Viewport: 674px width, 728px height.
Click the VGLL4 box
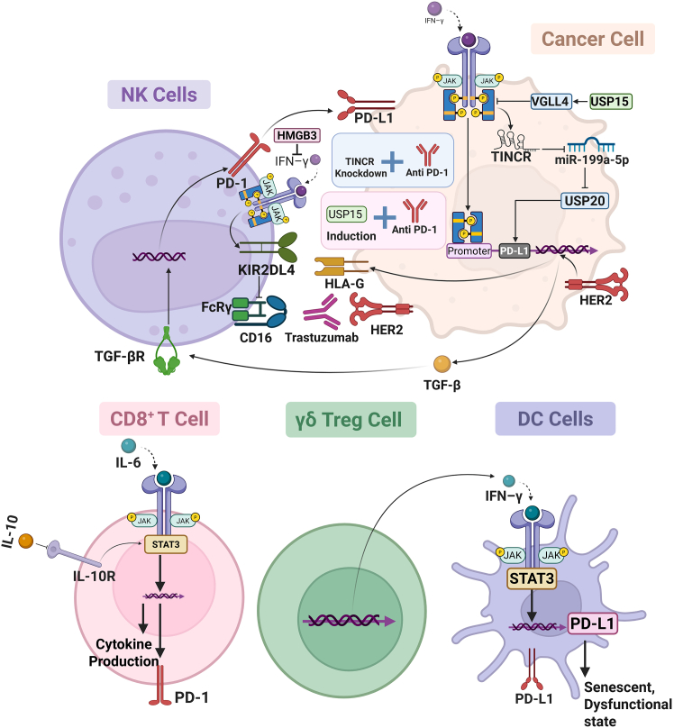[550, 101]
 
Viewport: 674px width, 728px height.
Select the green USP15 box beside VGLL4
[610, 101]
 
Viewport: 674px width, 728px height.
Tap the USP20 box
[585, 201]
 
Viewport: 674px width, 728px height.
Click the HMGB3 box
[297, 135]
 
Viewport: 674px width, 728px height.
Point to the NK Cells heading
[159, 95]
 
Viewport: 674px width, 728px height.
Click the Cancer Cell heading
[593, 39]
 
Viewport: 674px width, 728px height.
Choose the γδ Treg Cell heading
[351, 420]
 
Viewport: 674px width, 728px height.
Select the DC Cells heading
[555, 419]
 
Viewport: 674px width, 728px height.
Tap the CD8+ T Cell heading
[159, 419]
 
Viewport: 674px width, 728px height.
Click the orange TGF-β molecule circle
[442, 364]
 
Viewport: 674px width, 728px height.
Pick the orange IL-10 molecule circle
[26, 541]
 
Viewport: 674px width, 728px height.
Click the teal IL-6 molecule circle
[129, 446]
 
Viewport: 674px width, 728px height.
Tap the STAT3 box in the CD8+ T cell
[166, 544]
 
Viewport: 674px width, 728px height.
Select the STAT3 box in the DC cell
[532, 579]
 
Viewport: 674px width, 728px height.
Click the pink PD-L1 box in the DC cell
[593, 623]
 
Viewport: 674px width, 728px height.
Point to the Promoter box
[469, 250]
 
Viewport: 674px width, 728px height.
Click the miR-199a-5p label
[592, 160]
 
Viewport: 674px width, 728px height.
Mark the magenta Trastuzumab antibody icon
[321, 313]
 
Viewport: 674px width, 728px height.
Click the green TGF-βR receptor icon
[167, 350]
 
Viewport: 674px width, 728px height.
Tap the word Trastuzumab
[322, 338]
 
